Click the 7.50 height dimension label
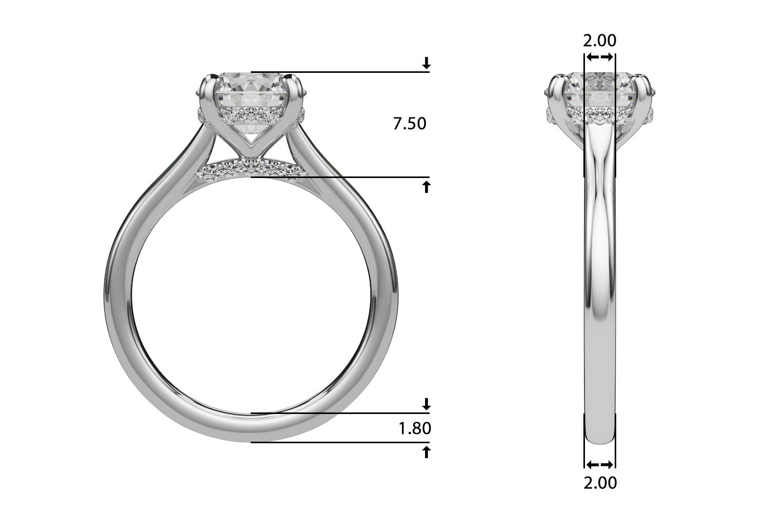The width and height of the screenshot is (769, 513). pos(409,124)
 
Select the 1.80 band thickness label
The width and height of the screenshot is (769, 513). pos(415,428)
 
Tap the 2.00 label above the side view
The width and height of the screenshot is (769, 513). pos(600,40)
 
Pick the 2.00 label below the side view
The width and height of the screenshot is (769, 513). pos(600,483)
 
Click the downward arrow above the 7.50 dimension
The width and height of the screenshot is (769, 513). pos(426,64)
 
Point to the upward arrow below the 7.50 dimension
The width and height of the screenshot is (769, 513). pos(426,187)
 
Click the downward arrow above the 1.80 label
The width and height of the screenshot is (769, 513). pos(426,404)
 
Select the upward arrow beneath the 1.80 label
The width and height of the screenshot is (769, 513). pos(426,452)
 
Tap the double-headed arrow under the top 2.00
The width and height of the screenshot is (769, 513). pos(600,57)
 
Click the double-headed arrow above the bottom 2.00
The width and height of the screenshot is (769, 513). pos(600,465)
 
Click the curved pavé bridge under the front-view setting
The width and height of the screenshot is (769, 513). pos(250,167)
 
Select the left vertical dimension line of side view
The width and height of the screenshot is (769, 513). pos(584,256)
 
